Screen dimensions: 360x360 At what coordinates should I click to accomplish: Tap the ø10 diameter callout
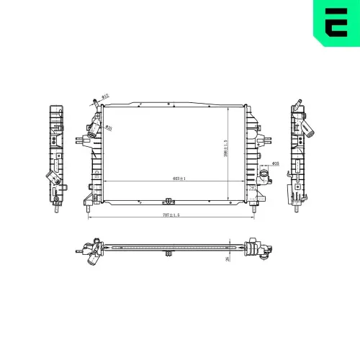pos(105,96)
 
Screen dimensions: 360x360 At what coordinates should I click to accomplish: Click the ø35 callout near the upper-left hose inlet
pos(108,128)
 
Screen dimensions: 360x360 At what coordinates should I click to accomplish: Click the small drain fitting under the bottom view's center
pos(168,255)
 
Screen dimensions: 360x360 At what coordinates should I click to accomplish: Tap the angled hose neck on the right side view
pos(309,130)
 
